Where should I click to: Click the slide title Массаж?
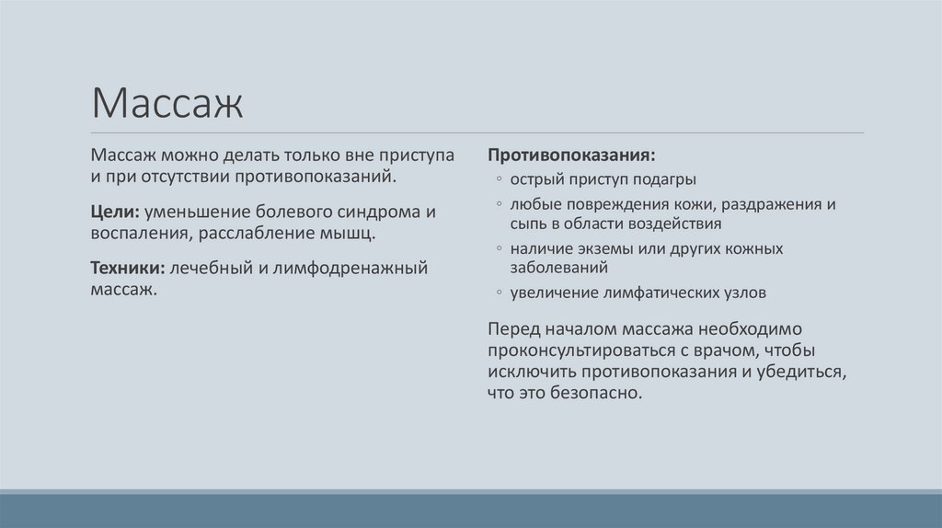pyautogui.click(x=167, y=104)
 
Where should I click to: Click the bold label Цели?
pyautogui.click(x=114, y=212)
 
